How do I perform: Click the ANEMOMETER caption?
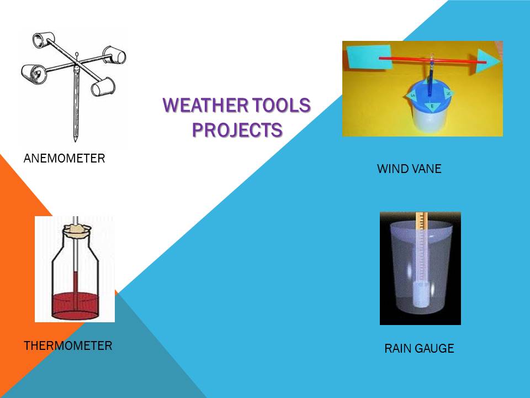point(64,159)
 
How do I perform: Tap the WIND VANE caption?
point(409,169)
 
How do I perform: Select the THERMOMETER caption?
point(68,346)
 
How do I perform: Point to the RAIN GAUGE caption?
point(419,348)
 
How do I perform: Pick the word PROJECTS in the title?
point(237,129)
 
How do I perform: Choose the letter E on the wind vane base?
point(432,106)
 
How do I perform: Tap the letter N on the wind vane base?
point(449,95)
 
